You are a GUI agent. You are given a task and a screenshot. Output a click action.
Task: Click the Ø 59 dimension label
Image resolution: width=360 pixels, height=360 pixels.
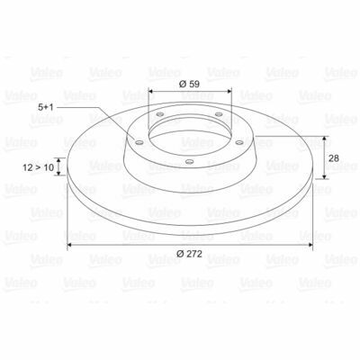[x=189, y=85]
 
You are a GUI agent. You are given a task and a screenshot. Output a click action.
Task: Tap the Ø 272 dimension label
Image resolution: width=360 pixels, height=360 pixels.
[x=189, y=254]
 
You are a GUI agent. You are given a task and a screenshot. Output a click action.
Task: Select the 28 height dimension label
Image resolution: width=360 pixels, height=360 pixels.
[x=334, y=158]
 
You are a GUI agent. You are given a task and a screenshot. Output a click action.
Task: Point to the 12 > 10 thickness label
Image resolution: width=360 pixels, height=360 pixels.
[x=38, y=167]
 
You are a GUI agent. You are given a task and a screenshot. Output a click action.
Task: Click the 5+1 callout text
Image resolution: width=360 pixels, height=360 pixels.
[x=46, y=107]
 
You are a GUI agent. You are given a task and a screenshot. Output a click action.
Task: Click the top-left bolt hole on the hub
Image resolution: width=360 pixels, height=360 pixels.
[x=160, y=114]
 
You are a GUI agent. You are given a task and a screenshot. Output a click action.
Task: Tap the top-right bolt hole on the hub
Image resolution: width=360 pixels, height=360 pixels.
[x=219, y=114]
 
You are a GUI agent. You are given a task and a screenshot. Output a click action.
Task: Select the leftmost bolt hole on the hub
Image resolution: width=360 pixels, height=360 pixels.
[x=139, y=142]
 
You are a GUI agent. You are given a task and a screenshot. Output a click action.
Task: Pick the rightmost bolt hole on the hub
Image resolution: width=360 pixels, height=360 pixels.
[x=239, y=142]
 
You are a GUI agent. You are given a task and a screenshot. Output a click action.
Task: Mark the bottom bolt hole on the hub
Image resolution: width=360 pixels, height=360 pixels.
[x=189, y=162]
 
